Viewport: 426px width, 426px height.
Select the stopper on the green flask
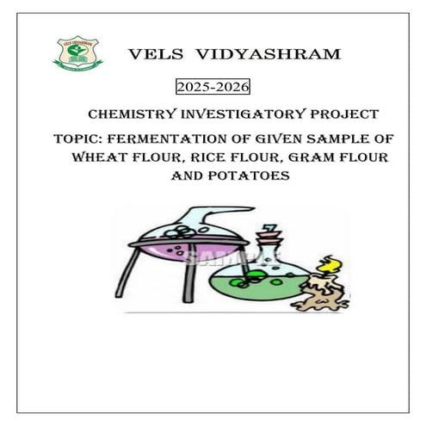[268, 231]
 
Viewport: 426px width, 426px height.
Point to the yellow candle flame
[328, 262]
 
